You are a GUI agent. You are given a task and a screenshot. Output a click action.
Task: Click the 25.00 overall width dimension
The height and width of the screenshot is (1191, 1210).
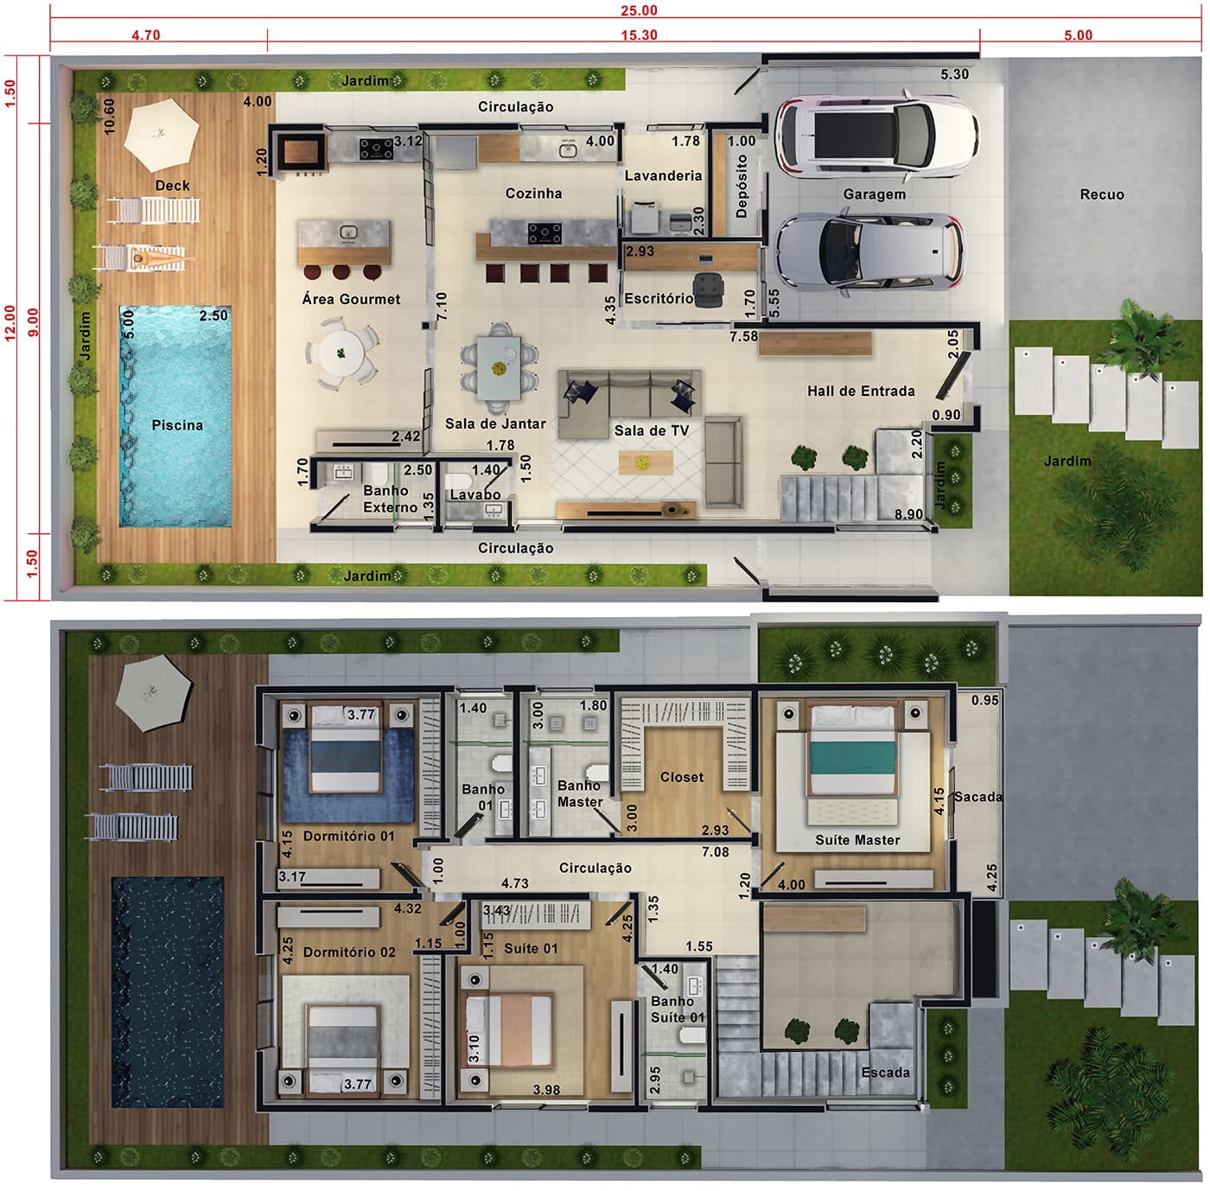(639, 10)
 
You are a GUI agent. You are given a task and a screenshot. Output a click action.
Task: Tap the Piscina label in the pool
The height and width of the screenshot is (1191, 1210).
(177, 425)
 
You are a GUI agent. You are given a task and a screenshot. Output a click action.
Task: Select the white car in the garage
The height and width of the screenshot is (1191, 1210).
(876, 134)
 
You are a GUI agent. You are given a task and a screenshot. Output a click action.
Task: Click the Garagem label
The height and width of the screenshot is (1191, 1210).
(874, 194)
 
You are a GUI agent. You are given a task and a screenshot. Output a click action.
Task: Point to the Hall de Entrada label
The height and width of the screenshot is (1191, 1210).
(861, 392)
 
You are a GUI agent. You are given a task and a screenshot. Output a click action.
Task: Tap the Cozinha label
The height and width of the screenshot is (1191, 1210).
(534, 194)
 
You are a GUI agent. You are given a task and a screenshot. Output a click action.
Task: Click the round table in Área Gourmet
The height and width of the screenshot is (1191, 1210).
(341, 353)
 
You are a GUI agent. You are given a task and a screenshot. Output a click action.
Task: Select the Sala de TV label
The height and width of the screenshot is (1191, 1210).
(651, 431)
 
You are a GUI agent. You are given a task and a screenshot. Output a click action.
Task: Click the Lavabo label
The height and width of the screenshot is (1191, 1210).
(475, 495)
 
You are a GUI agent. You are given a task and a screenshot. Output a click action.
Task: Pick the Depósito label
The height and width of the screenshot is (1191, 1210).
(742, 187)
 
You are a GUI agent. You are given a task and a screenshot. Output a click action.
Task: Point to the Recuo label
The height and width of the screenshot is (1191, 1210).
(1102, 194)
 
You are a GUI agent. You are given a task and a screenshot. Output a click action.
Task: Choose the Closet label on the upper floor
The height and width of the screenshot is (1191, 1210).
(682, 778)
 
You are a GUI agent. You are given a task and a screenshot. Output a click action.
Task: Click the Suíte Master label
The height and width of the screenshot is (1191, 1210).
(857, 840)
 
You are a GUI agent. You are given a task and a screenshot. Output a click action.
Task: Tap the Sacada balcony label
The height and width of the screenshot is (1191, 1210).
(978, 797)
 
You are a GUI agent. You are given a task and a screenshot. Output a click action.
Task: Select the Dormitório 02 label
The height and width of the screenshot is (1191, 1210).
(349, 952)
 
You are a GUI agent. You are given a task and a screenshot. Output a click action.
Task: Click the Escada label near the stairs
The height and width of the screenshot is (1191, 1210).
(885, 1073)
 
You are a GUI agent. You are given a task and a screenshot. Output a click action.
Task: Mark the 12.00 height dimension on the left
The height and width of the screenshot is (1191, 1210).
(10, 323)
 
